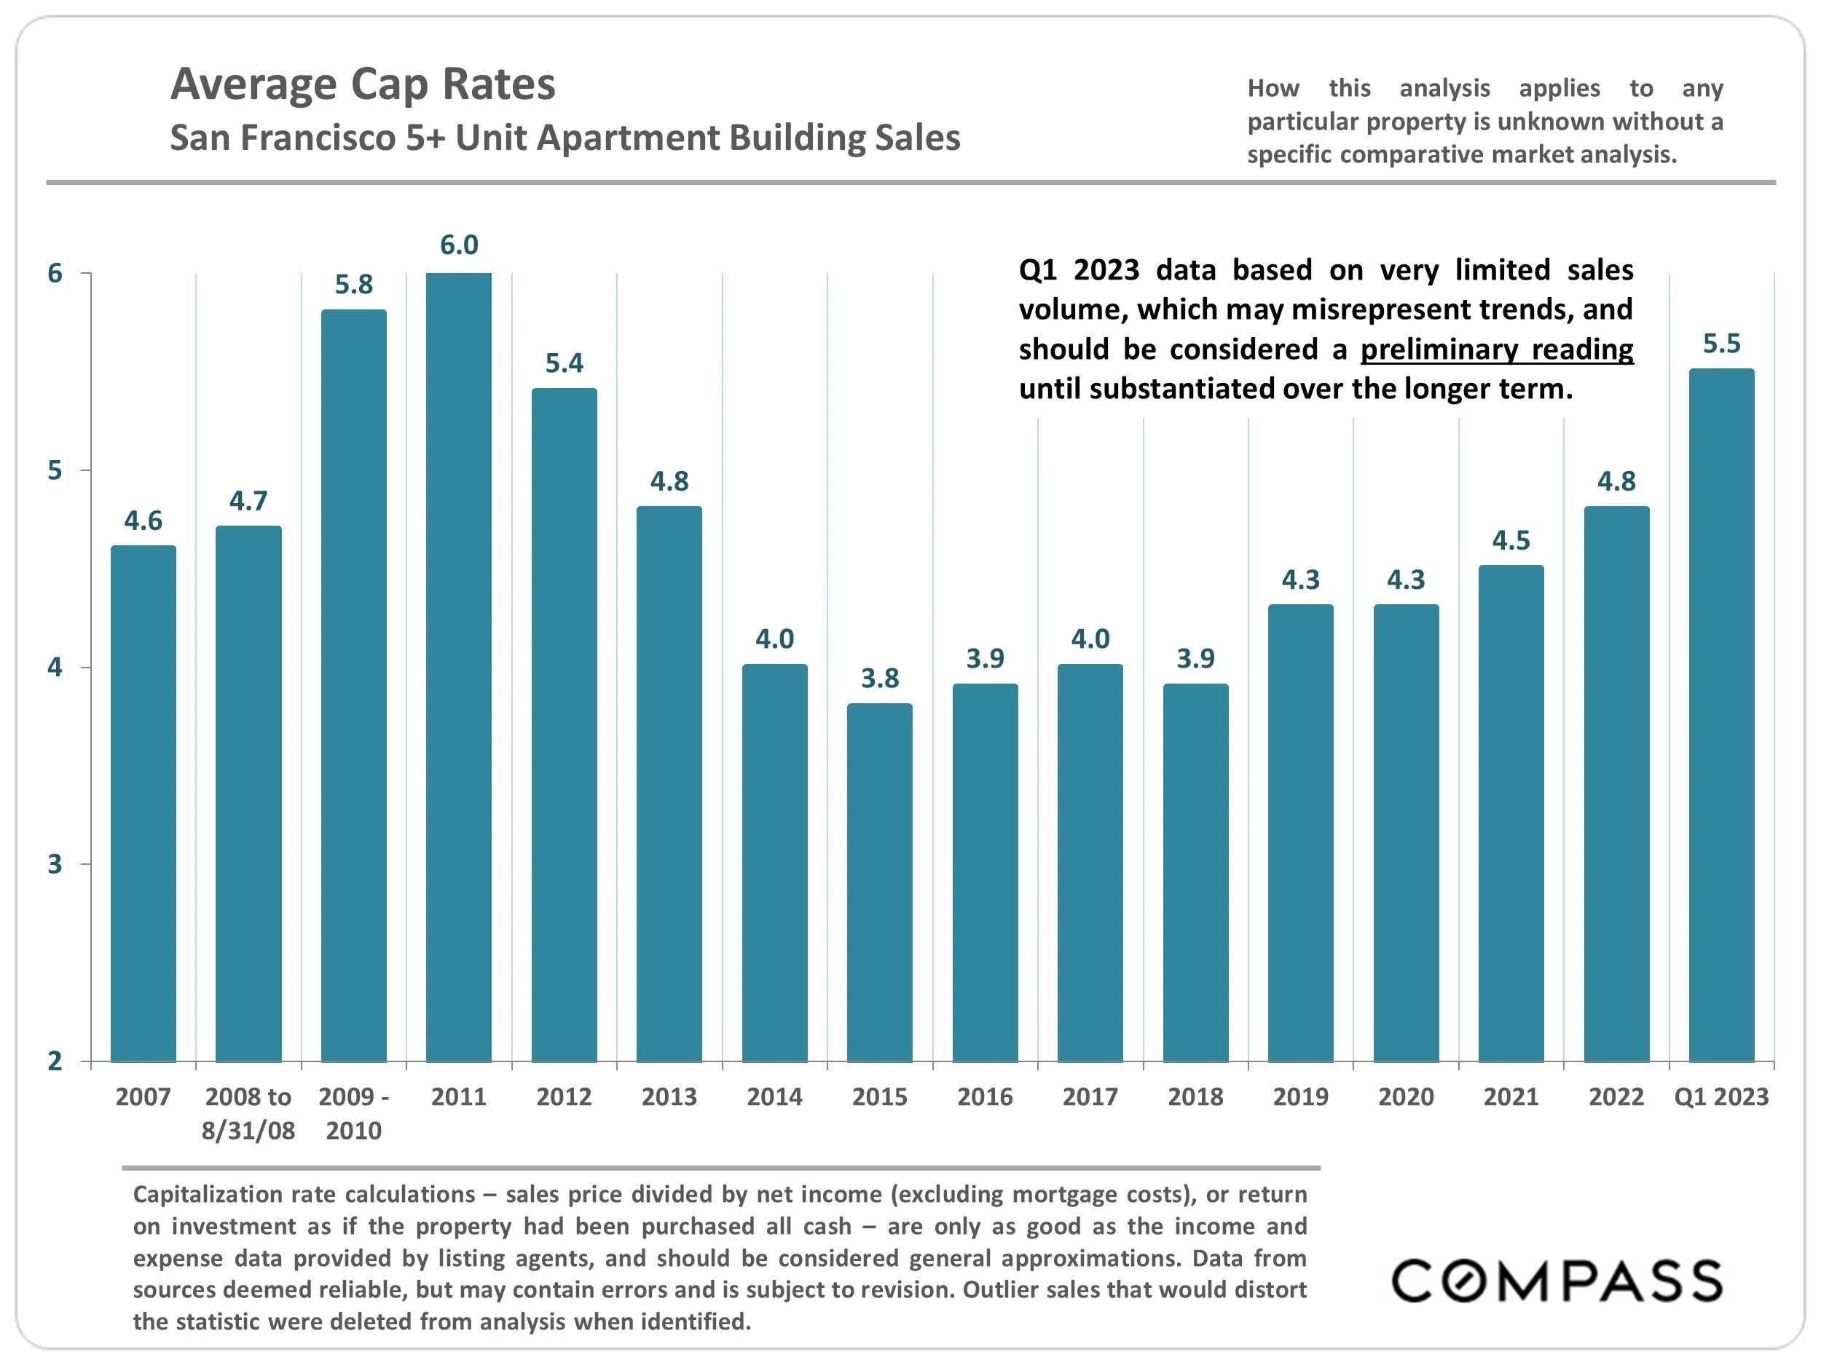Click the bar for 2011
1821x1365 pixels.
click(x=459, y=666)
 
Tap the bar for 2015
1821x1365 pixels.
click(x=879, y=882)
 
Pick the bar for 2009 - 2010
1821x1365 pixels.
click(x=353, y=684)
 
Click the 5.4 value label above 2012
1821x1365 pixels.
click(x=564, y=363)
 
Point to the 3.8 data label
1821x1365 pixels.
click(x=879, y=678)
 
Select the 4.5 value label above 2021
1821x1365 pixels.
click(x=1511, y=541)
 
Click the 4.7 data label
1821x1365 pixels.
click(x=248, y=500)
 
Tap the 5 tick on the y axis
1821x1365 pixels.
click(x=55, y=470)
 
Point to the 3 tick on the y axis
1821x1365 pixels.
click(x=55, y=864)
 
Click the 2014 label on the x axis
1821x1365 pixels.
click(x=774, y=1097)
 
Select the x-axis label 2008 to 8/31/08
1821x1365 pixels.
click(x=248, y=1113)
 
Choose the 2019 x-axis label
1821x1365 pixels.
click(x=1300, y=1097)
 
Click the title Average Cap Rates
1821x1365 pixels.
click(x=363, y=84)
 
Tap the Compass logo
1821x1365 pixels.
click(x=1556, y=1281)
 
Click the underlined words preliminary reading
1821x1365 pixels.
click(x=1496, y=349)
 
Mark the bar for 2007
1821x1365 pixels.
click(x=143, y=803)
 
